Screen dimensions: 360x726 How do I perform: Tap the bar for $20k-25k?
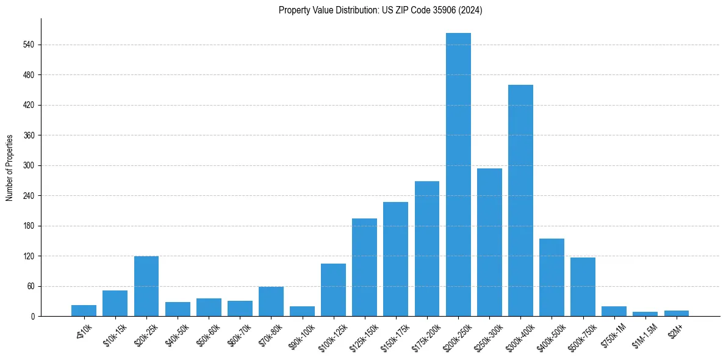click(x=146, y=286)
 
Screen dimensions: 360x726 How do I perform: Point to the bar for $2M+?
click(x=677, y=313)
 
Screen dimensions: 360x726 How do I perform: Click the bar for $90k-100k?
click(x=302, y=311)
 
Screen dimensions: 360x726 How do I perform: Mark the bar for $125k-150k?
click(x=364, y=267)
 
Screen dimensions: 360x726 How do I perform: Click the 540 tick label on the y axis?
click(x=29, y=45)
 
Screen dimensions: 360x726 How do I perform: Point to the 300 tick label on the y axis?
click(x=29, y=165)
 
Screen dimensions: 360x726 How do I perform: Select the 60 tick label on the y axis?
click(x=31, y=286)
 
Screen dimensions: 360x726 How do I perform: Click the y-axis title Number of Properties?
click(x=10, y=168)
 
